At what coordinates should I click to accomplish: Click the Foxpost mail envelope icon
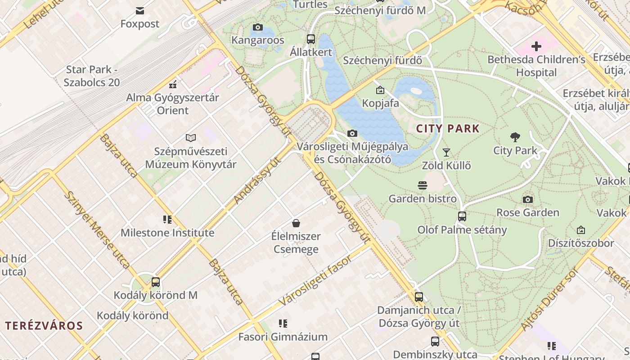tap(140, 10)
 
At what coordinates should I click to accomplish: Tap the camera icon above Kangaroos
tap(258, 27)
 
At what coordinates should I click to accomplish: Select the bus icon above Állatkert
tap(310, 39)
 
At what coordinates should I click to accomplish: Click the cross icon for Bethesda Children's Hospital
tap(536, 46)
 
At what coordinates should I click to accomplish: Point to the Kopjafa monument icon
tap(380, 90)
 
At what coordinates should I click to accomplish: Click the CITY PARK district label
tap(448, 129)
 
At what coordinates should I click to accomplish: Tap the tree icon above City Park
tap(515, 137)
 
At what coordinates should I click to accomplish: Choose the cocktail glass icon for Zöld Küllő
tap(446, 153)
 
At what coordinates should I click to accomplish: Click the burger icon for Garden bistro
tap(422, 185)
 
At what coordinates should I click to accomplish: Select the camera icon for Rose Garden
tap(528, 199)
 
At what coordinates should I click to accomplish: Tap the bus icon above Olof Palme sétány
tap(462, 216)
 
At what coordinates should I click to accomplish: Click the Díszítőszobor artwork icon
tap(581, 230)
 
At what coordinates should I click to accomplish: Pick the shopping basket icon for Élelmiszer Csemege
tap(296, 223)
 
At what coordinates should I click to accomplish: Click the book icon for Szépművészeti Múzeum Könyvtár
tap(191, 138)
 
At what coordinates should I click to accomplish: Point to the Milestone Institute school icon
tap(167, 220)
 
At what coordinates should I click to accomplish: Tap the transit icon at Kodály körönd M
tap(155, 282)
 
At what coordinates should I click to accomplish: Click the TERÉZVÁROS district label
tap(44, 326)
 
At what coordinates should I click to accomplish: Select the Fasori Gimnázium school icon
tap(283, 323)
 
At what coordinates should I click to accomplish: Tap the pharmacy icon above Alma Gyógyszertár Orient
tap(173, 84)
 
